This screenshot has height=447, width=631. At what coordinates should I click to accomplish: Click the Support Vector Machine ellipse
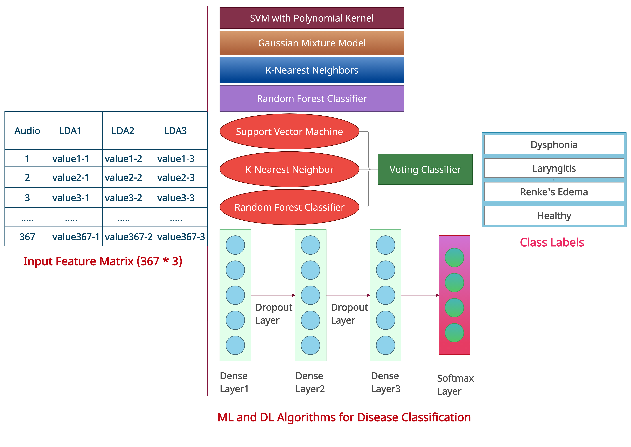pos(289,132)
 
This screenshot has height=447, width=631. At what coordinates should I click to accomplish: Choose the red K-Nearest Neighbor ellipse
pos(289,169)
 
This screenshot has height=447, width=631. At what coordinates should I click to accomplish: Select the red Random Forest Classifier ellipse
pos(289,207)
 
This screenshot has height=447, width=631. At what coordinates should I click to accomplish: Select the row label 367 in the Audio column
pos(27,237)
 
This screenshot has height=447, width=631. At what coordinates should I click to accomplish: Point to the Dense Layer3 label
pos(386,382)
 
